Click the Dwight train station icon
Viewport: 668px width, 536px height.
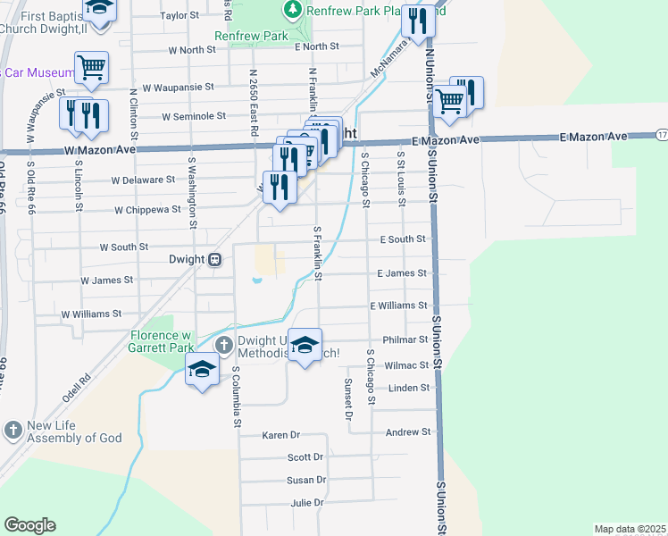point(214,260)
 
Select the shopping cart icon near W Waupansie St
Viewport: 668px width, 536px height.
point(91,67)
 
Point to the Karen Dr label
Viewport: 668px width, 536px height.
point(281,435)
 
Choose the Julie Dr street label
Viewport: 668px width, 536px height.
point(307,504)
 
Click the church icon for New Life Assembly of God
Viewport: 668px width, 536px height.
point(13,431)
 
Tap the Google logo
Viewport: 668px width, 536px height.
point(29,525)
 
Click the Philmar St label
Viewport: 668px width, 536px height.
point(405,339)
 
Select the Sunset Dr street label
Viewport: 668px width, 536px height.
point(348,398)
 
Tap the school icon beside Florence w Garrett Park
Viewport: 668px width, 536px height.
point(202,368)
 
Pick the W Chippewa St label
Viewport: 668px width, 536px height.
point(147,211)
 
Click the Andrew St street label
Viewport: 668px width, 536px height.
point(407,432)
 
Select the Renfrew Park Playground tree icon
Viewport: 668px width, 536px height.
point(291,11)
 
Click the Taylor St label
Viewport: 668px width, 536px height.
point(179,16)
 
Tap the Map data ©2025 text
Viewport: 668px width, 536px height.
point(630,529)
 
